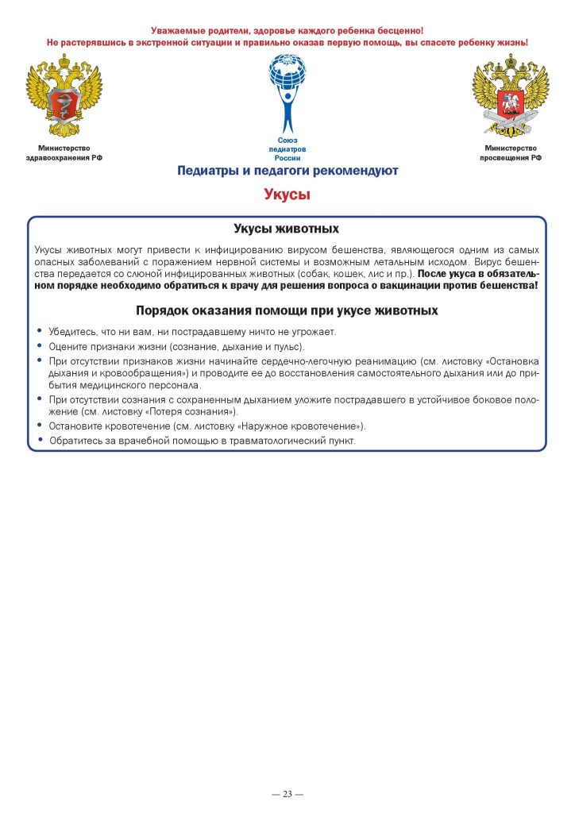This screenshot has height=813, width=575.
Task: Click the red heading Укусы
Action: coord(287,195)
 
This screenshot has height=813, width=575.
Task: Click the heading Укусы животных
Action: coord(287,229)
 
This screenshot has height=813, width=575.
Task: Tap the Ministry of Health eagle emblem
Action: coord(64,95)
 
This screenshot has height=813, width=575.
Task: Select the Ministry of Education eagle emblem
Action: coord(510,95)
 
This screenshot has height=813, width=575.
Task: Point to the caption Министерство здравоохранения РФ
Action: coord(64,152)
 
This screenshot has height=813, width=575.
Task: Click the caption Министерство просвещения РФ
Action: coord(510,152)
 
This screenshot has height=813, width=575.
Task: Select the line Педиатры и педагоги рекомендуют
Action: coord(287,171)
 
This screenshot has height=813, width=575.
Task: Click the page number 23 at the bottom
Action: coord(287,794)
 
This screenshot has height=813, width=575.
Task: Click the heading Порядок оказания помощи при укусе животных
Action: coord(287,310)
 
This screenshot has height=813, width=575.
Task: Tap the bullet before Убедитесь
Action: coord(41,331)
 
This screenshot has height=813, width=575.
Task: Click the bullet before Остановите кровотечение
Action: coord(41,426)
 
